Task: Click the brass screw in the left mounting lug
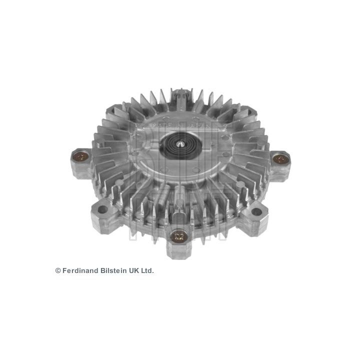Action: (80, 156)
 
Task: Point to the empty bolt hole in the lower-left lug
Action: (103, 209)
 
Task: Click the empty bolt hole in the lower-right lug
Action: (256, 211)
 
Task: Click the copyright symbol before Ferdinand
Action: (58, 270)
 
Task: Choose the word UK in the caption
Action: (134, 270)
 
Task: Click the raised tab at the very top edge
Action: (181, 93)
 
